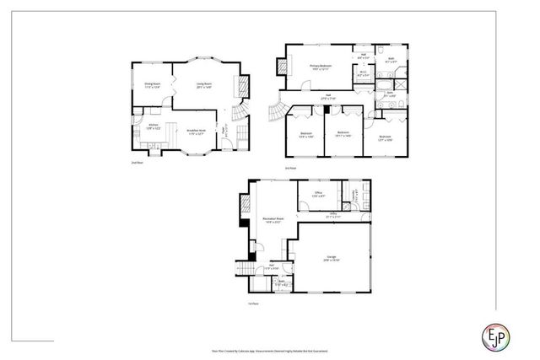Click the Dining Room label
pos(152,84)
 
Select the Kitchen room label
pos(152,128)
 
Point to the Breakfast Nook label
pos(197,131)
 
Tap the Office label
pos(319,193)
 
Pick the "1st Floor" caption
pos(251,302)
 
